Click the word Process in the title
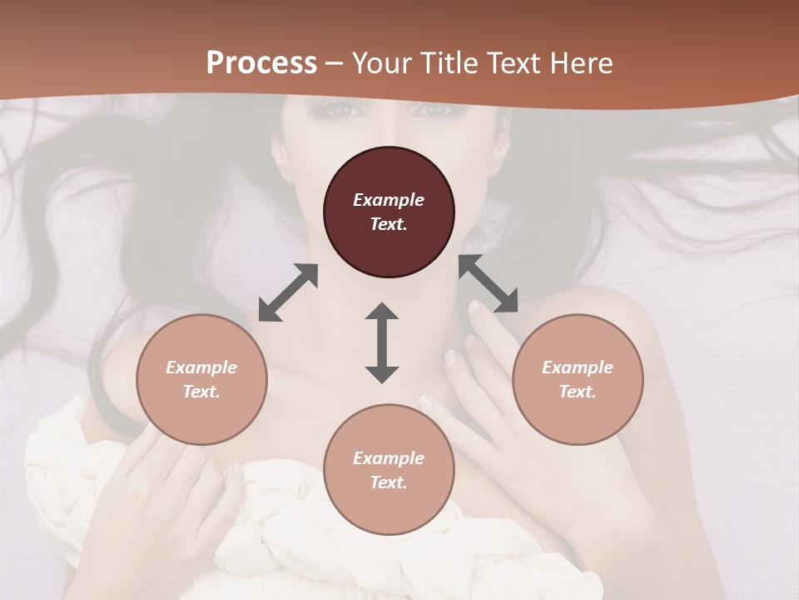coord(261,63)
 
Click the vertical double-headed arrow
coord(382,342)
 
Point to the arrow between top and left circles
coord(288,292)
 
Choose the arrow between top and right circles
coord(488,283)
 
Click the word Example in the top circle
coord(389,200)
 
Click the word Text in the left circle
coord(201,392)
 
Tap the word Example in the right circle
coord(578,367)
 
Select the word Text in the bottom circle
coord(389,482)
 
